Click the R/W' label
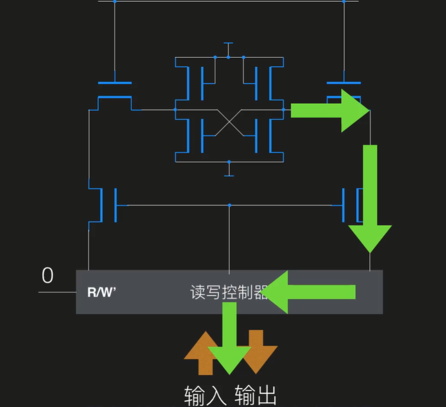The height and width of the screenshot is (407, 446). coord(101,292)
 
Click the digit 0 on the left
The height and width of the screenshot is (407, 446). coord(48,276)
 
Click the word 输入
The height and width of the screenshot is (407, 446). coord(205,396)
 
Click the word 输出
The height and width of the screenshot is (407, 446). coord(256,396)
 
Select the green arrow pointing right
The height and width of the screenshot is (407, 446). coord(331,110)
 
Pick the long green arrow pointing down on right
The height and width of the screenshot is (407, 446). coord(370,197)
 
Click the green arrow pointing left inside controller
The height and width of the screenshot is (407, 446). coord(311,292)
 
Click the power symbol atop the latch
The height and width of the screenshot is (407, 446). coord(228,44)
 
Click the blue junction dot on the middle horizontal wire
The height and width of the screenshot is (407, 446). coord(229,205)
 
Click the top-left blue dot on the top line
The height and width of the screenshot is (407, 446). coord(115,1)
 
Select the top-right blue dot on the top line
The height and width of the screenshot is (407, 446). coord(343,1)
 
